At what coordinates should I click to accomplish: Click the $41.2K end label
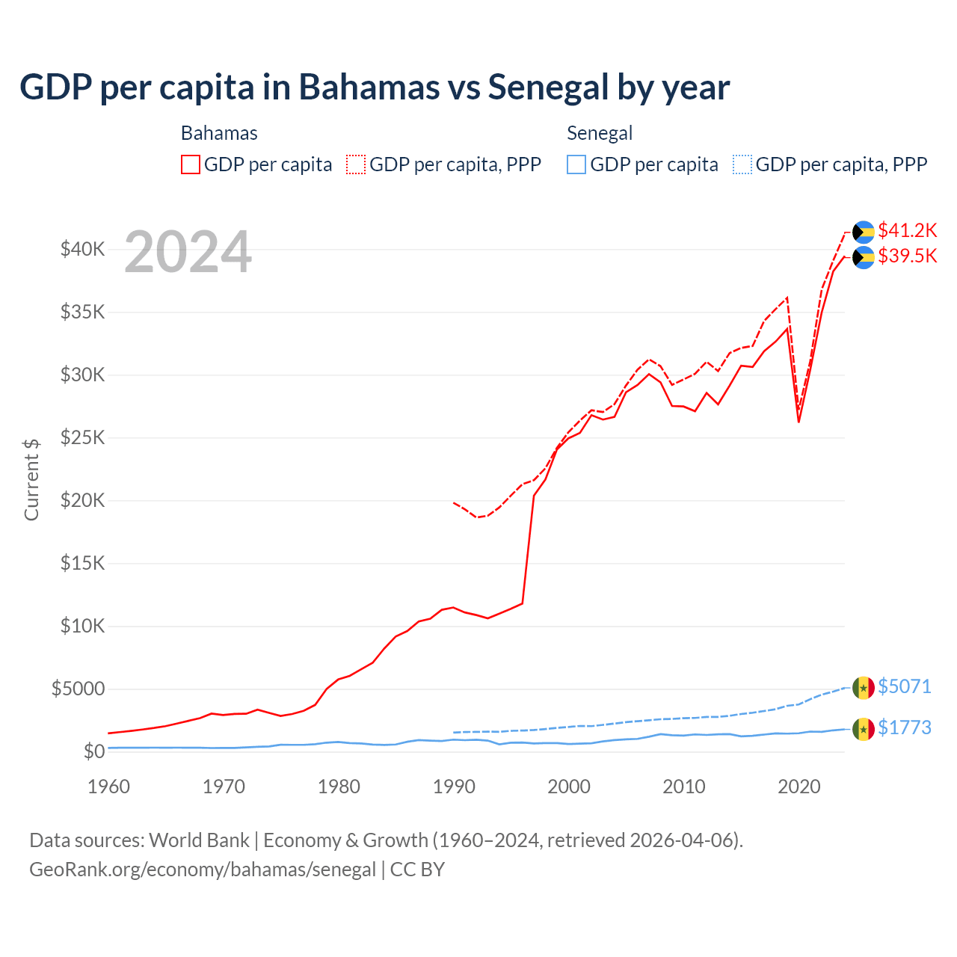coord(907,230)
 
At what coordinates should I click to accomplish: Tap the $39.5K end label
coord(907,256)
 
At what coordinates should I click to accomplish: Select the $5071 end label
coord(904,686)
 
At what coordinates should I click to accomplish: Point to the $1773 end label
coord(904,727)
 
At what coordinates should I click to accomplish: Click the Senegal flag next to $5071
coord(864,687)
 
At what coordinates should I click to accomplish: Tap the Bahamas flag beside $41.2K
coord(864,232)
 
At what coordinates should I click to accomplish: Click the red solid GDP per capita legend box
coord(191,164)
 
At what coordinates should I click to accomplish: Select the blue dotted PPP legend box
coord(742,164)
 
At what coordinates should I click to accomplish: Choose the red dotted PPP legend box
coord(356,164)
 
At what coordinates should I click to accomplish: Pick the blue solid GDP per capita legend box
coord(576,164)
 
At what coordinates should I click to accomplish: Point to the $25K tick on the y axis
coord(82,437)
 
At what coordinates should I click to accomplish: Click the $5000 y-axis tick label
coord(78,689)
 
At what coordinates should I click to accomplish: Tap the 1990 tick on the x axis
coord(454,787)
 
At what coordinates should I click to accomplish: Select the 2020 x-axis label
coord(799,787)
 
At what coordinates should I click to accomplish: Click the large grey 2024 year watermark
coord(188,252)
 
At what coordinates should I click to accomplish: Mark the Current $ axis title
coord(31,479)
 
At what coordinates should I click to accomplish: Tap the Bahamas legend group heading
coord(219,133)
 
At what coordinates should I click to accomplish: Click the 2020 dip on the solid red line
coord(798,421)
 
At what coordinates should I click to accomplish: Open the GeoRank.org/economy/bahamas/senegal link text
coord(203,870)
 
